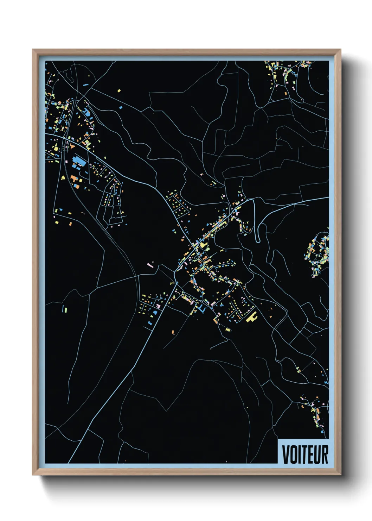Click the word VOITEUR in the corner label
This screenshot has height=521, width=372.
(x=305, y=454)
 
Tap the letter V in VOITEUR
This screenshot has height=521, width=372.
(x=286, y=454)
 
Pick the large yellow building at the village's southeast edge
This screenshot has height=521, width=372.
(x=251, y=318)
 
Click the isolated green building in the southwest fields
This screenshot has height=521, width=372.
(x=64, y=309)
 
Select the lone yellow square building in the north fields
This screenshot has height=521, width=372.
(x=119, y=91)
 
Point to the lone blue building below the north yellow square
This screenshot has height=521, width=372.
(x=120, y=106)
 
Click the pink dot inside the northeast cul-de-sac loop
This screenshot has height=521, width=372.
(x=302, y=100)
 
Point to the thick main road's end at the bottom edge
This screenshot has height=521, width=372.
(x=70, y=463)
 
